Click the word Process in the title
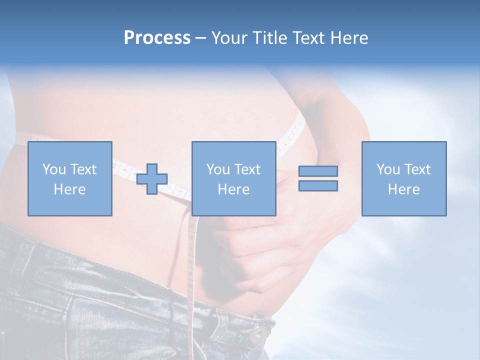tap(157, 38)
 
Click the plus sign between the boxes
tap(152, 179)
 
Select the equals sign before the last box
tap(318, 178)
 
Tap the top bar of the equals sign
tap(318, 171)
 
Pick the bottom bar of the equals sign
tap(318, 186)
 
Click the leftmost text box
tap(70, 178)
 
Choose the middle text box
tap(234, 178)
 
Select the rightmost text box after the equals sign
tap(404, 178)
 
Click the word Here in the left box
tap(70, 189)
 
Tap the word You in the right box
tap(388, 169)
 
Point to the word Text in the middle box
tap(247, 169)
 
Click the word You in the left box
tap(54, 169)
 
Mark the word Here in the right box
tap(404, 189)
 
